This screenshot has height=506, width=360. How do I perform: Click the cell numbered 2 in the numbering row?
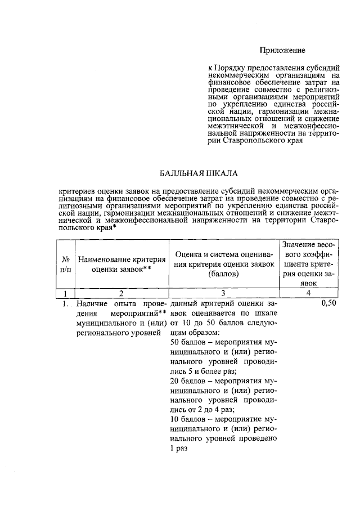click(121, 293)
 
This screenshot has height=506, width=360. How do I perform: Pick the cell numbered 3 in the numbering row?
click(223, 293)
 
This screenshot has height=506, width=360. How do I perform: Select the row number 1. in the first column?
click(65, 304)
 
